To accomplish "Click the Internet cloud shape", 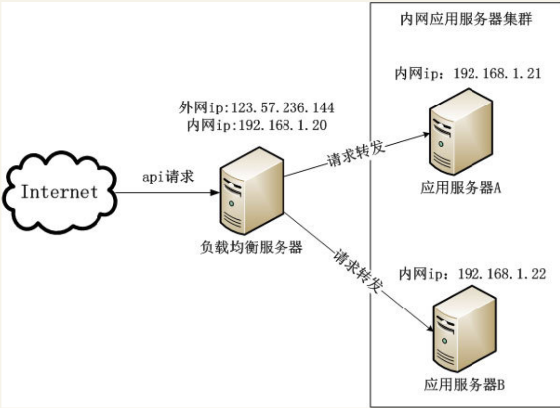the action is coord(59,193).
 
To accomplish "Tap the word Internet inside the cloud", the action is coord(59,192).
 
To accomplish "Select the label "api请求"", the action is coord(168,176).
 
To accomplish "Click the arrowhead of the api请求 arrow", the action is coord(215,193).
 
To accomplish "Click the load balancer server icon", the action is coord(252,191).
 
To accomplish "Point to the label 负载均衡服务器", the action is coord(251,247).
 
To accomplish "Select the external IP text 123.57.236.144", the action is coord(283,108).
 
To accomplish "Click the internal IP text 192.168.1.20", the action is coord(282,125).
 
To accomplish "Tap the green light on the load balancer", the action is coord(231,203).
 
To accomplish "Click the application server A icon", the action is coord(461,132).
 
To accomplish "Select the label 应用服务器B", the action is coord(464,385).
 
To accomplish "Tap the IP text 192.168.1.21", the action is coord(497,74).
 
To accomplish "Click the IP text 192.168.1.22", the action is coord(502,274).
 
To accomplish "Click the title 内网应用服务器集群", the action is coord(466,19).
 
